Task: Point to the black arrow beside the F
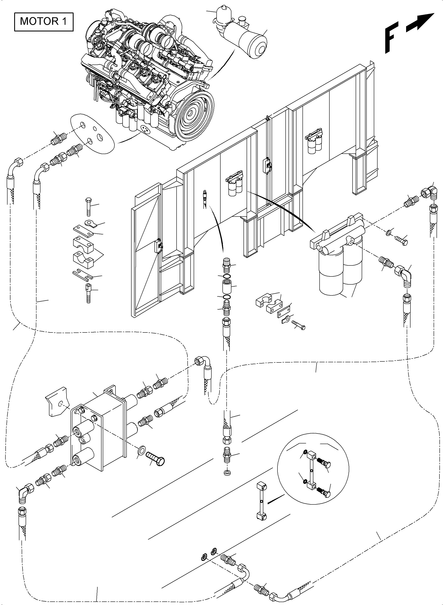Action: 420,22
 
